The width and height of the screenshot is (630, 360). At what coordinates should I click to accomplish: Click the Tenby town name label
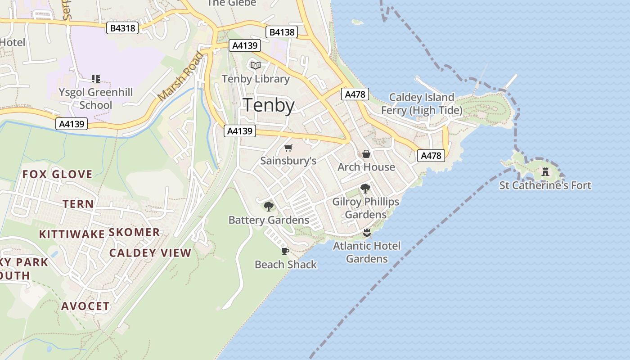click(269, 105)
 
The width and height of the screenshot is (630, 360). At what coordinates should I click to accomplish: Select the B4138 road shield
click(282, 32)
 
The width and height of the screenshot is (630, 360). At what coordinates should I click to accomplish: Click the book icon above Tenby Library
click(256, 66)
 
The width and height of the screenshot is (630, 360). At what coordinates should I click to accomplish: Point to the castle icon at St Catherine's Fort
click(545, 171)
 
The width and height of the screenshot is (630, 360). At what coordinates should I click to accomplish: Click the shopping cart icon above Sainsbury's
click(288, 148)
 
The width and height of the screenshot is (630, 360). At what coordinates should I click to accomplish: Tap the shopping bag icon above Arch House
click(366, 154)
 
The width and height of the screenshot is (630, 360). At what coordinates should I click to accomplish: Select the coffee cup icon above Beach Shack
click(285, 251)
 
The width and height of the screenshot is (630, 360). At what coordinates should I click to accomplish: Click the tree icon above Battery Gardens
click(269, 207)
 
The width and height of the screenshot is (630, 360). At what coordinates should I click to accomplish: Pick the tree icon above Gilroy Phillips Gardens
click(365, 189)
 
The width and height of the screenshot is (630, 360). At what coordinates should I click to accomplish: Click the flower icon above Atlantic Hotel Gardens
click(367, 233)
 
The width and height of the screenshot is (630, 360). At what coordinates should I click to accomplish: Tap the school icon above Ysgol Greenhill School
click(95, 79)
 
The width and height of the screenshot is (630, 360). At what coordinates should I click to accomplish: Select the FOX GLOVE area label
click(58, 174)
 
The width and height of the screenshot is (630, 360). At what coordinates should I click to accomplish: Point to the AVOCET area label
click(85, 306)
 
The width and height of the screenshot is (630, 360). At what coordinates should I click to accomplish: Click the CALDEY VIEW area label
click(150, 253)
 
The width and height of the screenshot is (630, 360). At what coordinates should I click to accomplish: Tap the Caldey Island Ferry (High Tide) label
click(422, 103)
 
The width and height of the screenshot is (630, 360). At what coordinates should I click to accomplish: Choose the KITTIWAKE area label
click(72, 234)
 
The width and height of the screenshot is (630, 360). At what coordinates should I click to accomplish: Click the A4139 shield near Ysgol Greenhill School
click(72, 124)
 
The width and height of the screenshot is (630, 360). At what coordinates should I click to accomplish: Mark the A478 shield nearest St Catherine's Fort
click(431, 156)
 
